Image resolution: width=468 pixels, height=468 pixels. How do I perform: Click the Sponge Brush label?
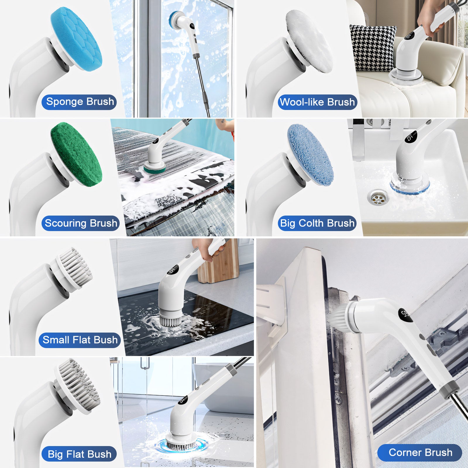(79, 102)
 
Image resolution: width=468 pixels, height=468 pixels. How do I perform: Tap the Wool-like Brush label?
(317, 102)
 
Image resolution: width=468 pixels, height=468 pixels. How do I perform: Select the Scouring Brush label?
(80, 223)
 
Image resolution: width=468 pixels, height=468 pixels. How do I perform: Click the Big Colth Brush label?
(317, 223)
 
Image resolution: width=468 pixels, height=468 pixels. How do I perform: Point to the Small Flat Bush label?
(80, 340)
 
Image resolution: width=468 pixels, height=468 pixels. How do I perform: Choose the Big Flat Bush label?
(79, 454)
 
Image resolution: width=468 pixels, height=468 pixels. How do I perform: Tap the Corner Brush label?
(420, 452)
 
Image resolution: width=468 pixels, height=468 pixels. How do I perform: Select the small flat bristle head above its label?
(75, 269)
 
